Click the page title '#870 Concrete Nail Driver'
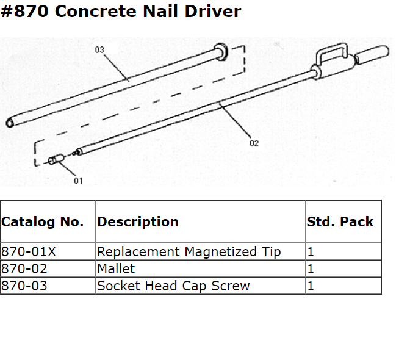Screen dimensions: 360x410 pos(121,12)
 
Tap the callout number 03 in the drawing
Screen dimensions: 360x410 pos(99,50)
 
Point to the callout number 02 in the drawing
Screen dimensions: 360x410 pos(254,143)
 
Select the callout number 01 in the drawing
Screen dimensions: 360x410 pos(78,181)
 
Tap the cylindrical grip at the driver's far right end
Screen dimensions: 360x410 pos(373,56)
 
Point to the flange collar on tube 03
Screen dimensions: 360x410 pos(221,52)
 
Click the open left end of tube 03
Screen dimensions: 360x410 pos(10,123)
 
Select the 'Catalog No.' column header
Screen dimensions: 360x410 pos(42,221)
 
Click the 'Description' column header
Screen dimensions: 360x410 pos(138,221)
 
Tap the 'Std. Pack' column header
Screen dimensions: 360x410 pos(340,221)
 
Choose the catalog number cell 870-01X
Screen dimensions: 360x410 pos(27,251)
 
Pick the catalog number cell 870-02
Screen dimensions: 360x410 pos(24,268)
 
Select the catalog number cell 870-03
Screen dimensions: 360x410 pos(24,286)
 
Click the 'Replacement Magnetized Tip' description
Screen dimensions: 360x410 pos(189,251)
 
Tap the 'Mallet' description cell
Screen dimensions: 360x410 pos(116,268)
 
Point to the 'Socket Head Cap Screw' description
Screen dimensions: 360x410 pos(173,286)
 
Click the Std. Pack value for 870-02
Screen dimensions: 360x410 pos(311,268)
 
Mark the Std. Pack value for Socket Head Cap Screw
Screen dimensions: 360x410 pos(311,286)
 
